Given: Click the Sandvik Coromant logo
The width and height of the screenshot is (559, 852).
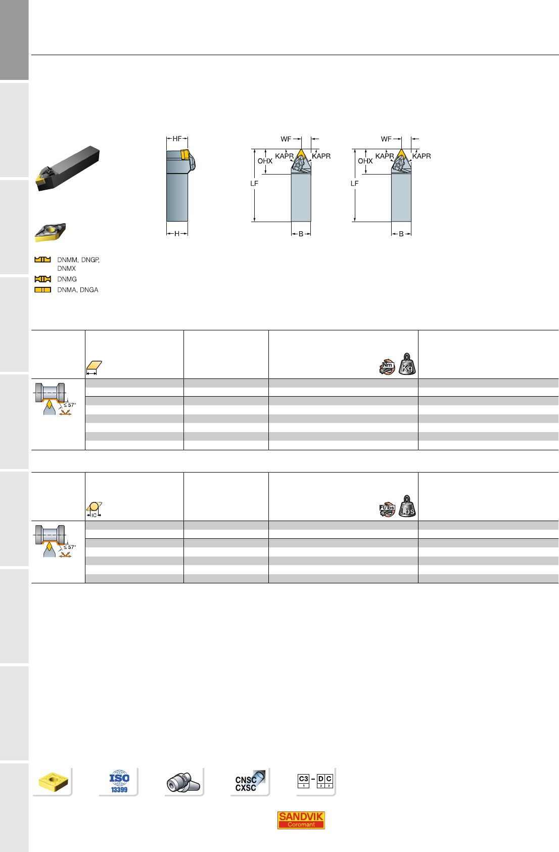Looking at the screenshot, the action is pos(301,820).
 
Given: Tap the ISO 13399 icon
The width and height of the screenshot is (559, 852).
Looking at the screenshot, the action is pos(119,781).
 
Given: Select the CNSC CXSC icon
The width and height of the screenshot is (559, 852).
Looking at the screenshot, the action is pos(249,782).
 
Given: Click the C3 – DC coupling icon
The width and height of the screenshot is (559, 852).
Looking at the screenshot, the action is pos(315,781).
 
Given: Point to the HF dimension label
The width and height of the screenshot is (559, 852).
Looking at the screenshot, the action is pos(177,139).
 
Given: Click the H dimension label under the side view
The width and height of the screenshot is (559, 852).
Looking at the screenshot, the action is pos(177,234).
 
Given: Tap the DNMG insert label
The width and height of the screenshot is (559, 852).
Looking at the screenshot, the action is pos(67,279).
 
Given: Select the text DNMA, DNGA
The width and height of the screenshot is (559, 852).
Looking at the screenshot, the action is pos(77,290).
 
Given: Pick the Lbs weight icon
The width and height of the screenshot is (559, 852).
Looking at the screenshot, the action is pos(407,506).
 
